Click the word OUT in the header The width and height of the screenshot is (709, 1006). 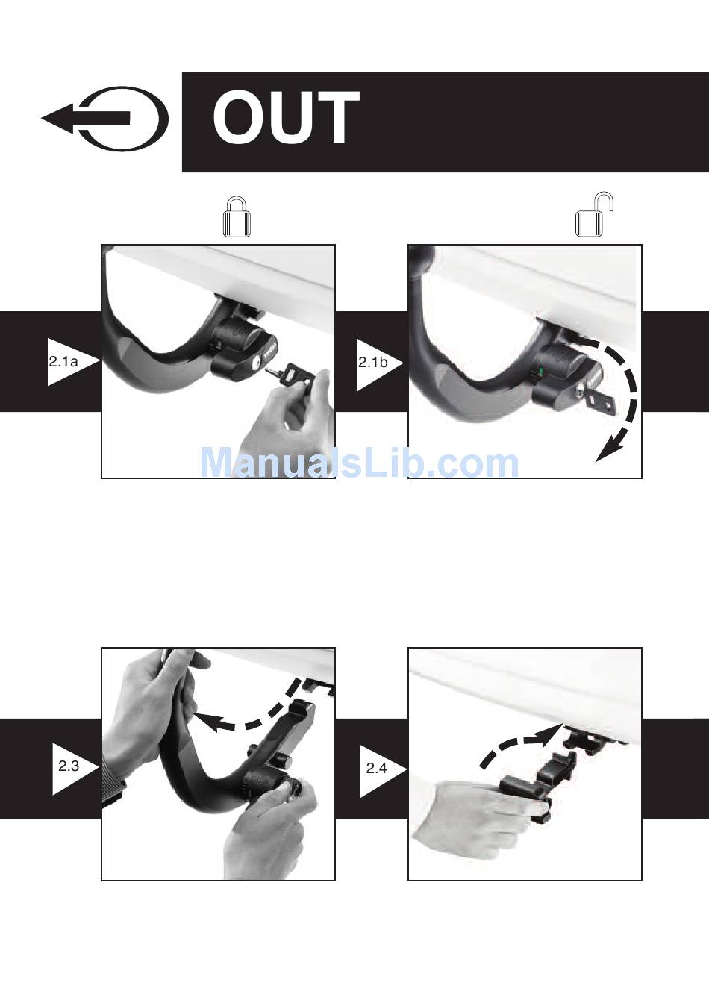click(286, 116)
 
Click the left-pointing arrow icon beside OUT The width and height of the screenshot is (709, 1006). click(104, 118)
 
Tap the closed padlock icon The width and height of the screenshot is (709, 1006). click(237, 216)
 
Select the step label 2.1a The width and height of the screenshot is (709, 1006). click(63, 362)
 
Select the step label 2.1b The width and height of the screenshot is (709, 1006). click(372, 362)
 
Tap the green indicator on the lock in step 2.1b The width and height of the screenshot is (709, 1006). click(542, 371)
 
